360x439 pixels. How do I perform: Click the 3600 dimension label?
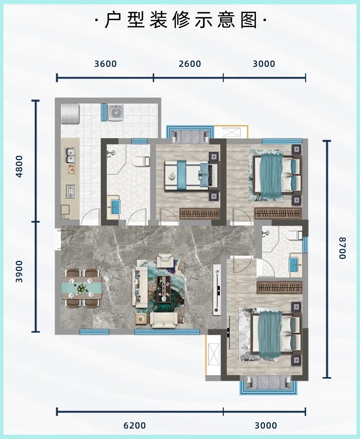105,64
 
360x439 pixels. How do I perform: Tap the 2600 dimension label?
190,64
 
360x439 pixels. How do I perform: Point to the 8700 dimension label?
342,248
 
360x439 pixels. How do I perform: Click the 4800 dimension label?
19,166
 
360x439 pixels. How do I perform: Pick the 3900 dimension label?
19,271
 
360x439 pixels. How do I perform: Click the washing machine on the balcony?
116,113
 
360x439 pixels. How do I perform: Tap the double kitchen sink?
70,155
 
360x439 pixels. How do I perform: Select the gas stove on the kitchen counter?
71,191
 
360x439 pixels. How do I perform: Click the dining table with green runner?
82,288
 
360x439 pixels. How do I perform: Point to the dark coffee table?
164,289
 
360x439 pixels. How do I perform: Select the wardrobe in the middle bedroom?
200,214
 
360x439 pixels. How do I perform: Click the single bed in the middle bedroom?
191,175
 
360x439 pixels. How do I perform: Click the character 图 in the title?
249,20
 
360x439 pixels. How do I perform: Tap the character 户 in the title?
113,20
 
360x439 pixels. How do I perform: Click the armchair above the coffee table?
165,261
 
